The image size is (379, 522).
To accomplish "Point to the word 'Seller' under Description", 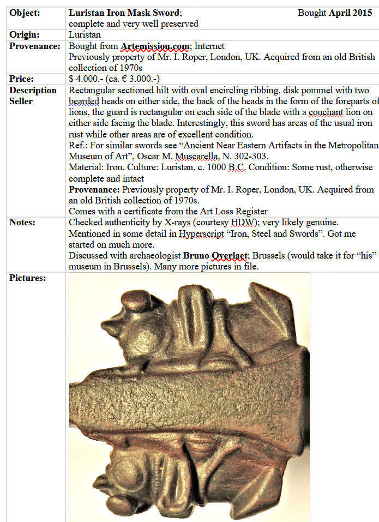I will (x=21, y=101).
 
